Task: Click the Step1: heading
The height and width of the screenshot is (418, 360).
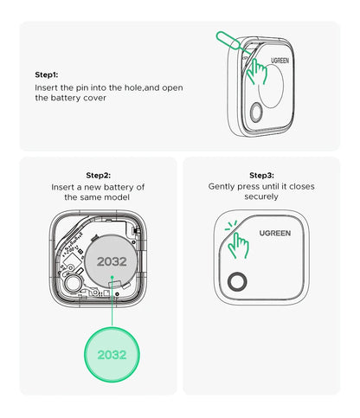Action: [x=48, y=75]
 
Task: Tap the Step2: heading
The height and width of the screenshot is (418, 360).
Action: [x=99, y=174]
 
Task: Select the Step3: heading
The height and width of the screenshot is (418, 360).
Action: [x=260, y=174]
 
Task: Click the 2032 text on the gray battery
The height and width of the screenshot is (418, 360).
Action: [x=112, y=260]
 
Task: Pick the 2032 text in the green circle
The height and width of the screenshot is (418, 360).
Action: [x=112, y=355]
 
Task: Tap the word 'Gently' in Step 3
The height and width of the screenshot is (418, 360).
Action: [x=223, y=186]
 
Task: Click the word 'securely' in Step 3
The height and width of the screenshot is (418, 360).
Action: [x=260, y=197]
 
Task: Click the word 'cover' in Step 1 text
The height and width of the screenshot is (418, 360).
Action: [x=97, y=99]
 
